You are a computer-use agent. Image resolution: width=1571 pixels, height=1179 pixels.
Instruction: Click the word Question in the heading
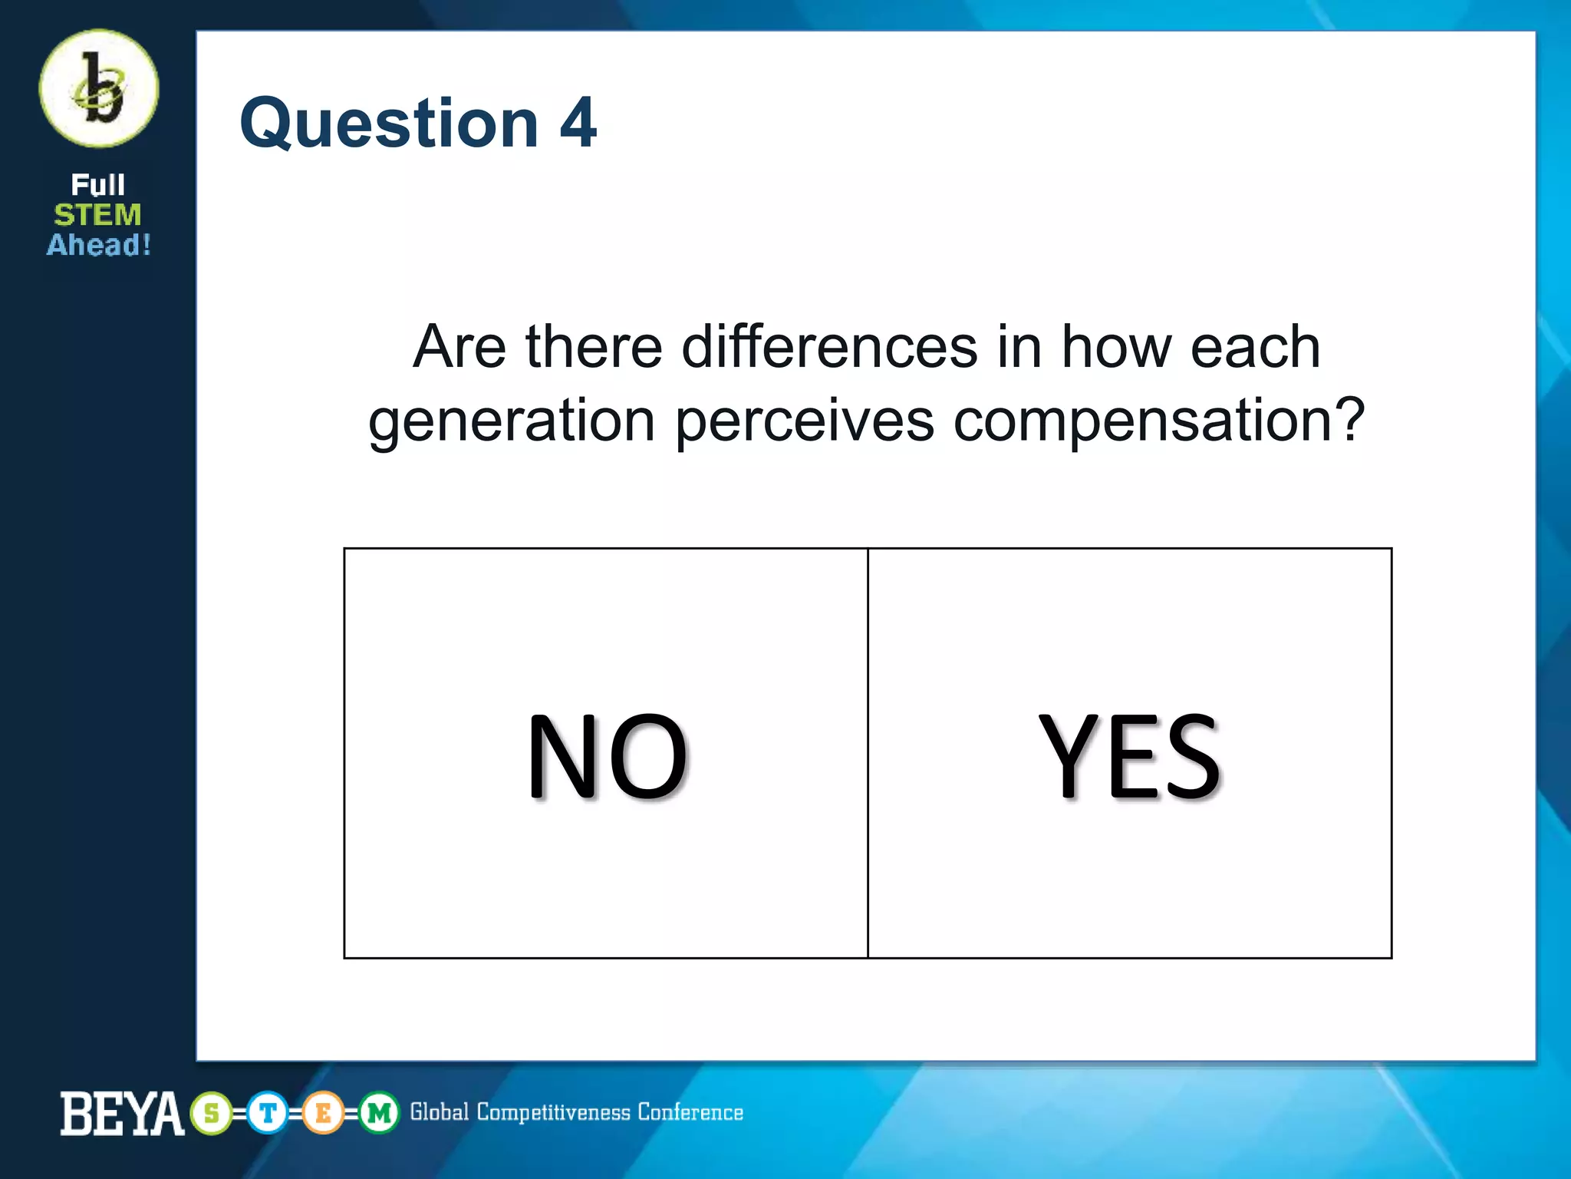click(x=390, y=124)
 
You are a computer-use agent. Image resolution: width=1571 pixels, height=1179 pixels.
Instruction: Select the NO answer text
click(x=607, y=756)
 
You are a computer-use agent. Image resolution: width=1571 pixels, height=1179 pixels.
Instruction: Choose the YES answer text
click(x=1129, y=756)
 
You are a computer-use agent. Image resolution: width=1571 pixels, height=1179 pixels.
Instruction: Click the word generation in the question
click(x=512, y=421)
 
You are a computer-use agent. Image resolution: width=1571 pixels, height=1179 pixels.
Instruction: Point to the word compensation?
click(x=1158, y=421)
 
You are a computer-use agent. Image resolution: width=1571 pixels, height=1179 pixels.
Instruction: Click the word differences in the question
click(x=829, y=347)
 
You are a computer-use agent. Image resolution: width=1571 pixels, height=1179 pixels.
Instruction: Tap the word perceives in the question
click(x=805, y=421)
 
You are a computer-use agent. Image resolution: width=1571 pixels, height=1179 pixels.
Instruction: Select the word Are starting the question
click(x=459, y=347)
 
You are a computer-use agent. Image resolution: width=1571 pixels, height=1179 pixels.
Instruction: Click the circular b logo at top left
click(x=99, y=88)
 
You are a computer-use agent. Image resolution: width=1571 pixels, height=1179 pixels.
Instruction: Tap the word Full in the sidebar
click(x=97, y=185)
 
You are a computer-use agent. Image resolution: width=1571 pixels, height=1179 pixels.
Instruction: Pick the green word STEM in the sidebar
click(x=97, y=215)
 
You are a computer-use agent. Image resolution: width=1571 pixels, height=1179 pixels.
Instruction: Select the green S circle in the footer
click(x=212, y=1113)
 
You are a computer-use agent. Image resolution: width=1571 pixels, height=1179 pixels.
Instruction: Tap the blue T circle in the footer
click(x=268, y=1113)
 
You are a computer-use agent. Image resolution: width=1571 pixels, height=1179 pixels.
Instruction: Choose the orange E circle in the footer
click(x=323, y=1113)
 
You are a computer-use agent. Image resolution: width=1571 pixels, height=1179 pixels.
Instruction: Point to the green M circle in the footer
click(x=379, y=1113)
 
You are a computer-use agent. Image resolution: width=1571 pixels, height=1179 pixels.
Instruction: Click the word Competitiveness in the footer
click(x=553, y=1113)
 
